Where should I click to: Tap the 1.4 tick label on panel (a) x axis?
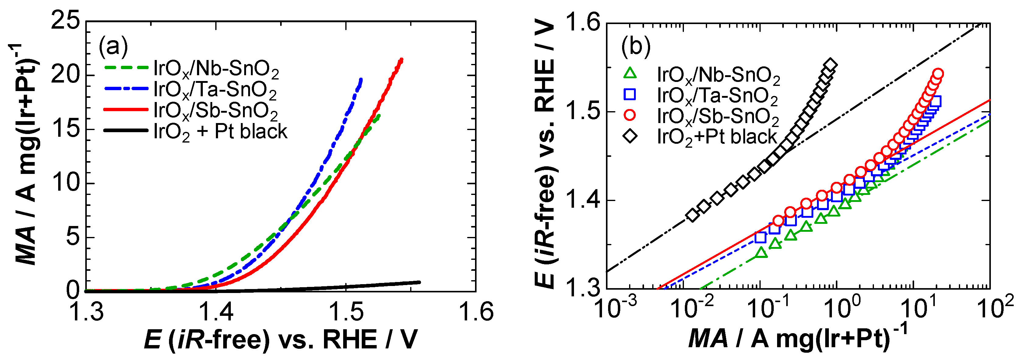[x=216, y=311]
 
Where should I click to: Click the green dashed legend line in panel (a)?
[x=126, y=68]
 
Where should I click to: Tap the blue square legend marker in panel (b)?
[x=630, y=95]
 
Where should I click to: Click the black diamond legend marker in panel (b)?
[x=630, y=137]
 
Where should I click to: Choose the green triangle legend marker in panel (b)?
[x=630, y=74]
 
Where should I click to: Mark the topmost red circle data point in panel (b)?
[x=938, y=74]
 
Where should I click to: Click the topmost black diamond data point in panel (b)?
[x=830, y=65]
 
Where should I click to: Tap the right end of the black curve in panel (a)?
[x=419, y=282]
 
